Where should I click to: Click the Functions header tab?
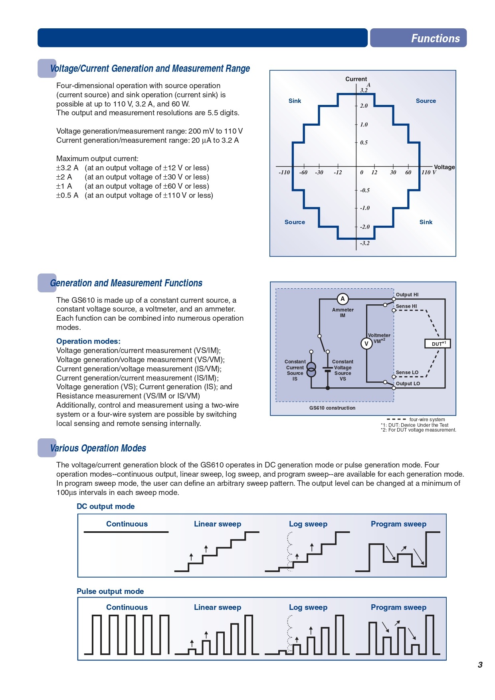(x=418, y=38)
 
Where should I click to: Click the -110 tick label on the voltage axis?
(x=284, y=172)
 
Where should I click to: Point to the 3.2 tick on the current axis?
(x=364, y=90)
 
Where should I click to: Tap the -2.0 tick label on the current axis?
(x=365, y=227)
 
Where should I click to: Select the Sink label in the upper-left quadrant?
(x=295, y=101)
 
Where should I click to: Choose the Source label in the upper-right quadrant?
(x=426, y=101)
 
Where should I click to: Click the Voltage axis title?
(x=444, y=167)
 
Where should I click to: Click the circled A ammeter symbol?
(x=343, y=299)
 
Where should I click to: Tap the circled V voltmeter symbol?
(x=366, y=343)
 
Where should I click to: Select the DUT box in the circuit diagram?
(x=438, y=344)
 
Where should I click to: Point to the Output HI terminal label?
(x=407, y=295)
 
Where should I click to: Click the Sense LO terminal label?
(x=407, y=373)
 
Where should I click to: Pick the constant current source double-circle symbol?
(x=311, y=370)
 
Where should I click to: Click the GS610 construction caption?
(x=332, y=408)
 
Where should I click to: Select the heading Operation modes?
(x=88, y=341)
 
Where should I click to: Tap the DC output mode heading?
(x=106, y=507)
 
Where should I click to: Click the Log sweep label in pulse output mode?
(x=308, y=607)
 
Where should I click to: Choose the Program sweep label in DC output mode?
(x=398, y=524)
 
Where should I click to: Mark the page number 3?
(x=480, y=665)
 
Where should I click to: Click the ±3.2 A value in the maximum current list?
(x=67, y=168)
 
